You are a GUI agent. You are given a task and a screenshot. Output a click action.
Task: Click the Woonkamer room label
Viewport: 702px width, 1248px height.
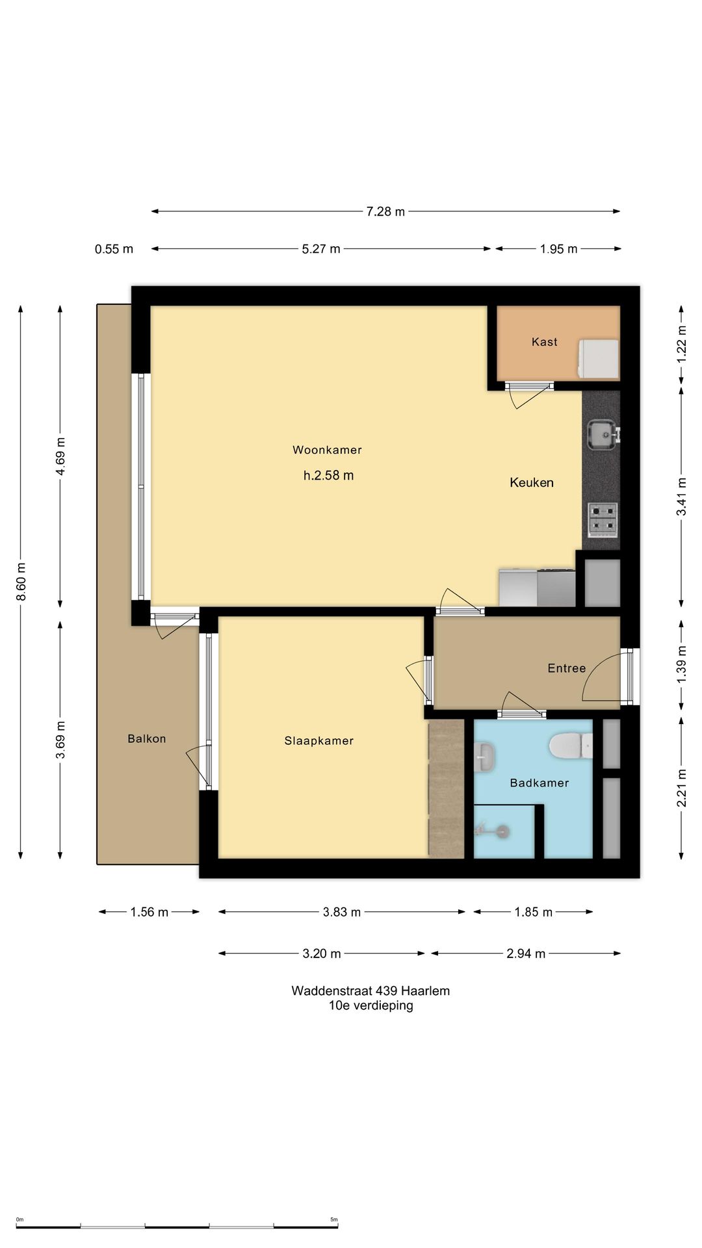pyautogui.click(x=327, y=450)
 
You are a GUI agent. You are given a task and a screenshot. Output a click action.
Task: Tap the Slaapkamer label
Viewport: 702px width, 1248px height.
pyautogui.click(x=319, y=741)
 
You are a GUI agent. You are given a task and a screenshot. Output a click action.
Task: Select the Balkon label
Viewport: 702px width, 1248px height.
pyautogui.click(x=147, y=738)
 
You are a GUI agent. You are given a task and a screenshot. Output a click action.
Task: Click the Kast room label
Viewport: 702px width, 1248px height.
pyautogui.click(x=545, y=342)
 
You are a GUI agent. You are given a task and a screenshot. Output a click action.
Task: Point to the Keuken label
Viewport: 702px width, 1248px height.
pyautogui.click(x=532, y=482)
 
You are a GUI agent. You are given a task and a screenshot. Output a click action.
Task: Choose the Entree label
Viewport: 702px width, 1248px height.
pyautogui.click(x=567, y=668)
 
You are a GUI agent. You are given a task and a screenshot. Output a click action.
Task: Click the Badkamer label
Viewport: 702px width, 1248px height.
pyautogui.click(x=539, y=783)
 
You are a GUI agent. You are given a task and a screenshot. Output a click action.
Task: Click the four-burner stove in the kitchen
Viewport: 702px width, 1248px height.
pyautogui.click(x=603, y=520)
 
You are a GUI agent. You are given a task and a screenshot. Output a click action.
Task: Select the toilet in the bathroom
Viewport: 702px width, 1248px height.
pyautogui.click(x=571, y=746)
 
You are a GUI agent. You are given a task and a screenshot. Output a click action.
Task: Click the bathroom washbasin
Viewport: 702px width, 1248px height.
pyautogui.click(x=484, y=757)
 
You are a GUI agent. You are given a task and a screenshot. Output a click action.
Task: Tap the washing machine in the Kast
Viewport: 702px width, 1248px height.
pyautogui.click(x=598, y=359)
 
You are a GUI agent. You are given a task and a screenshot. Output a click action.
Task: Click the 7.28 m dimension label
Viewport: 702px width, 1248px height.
pyautogui.click(x=385, y=211)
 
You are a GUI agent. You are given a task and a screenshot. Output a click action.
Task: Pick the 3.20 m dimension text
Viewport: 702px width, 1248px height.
pyautogui.click(x=322, y=954)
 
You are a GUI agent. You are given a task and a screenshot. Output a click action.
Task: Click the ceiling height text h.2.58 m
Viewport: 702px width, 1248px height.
pyautogui.click(x=329, y=475)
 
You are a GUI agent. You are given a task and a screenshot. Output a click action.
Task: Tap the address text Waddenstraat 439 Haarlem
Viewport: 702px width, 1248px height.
pyautogui.click(x=370, y=991)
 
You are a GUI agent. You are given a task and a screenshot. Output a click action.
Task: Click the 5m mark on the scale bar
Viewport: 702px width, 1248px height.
pyautogui.click(x=334, y=1219)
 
